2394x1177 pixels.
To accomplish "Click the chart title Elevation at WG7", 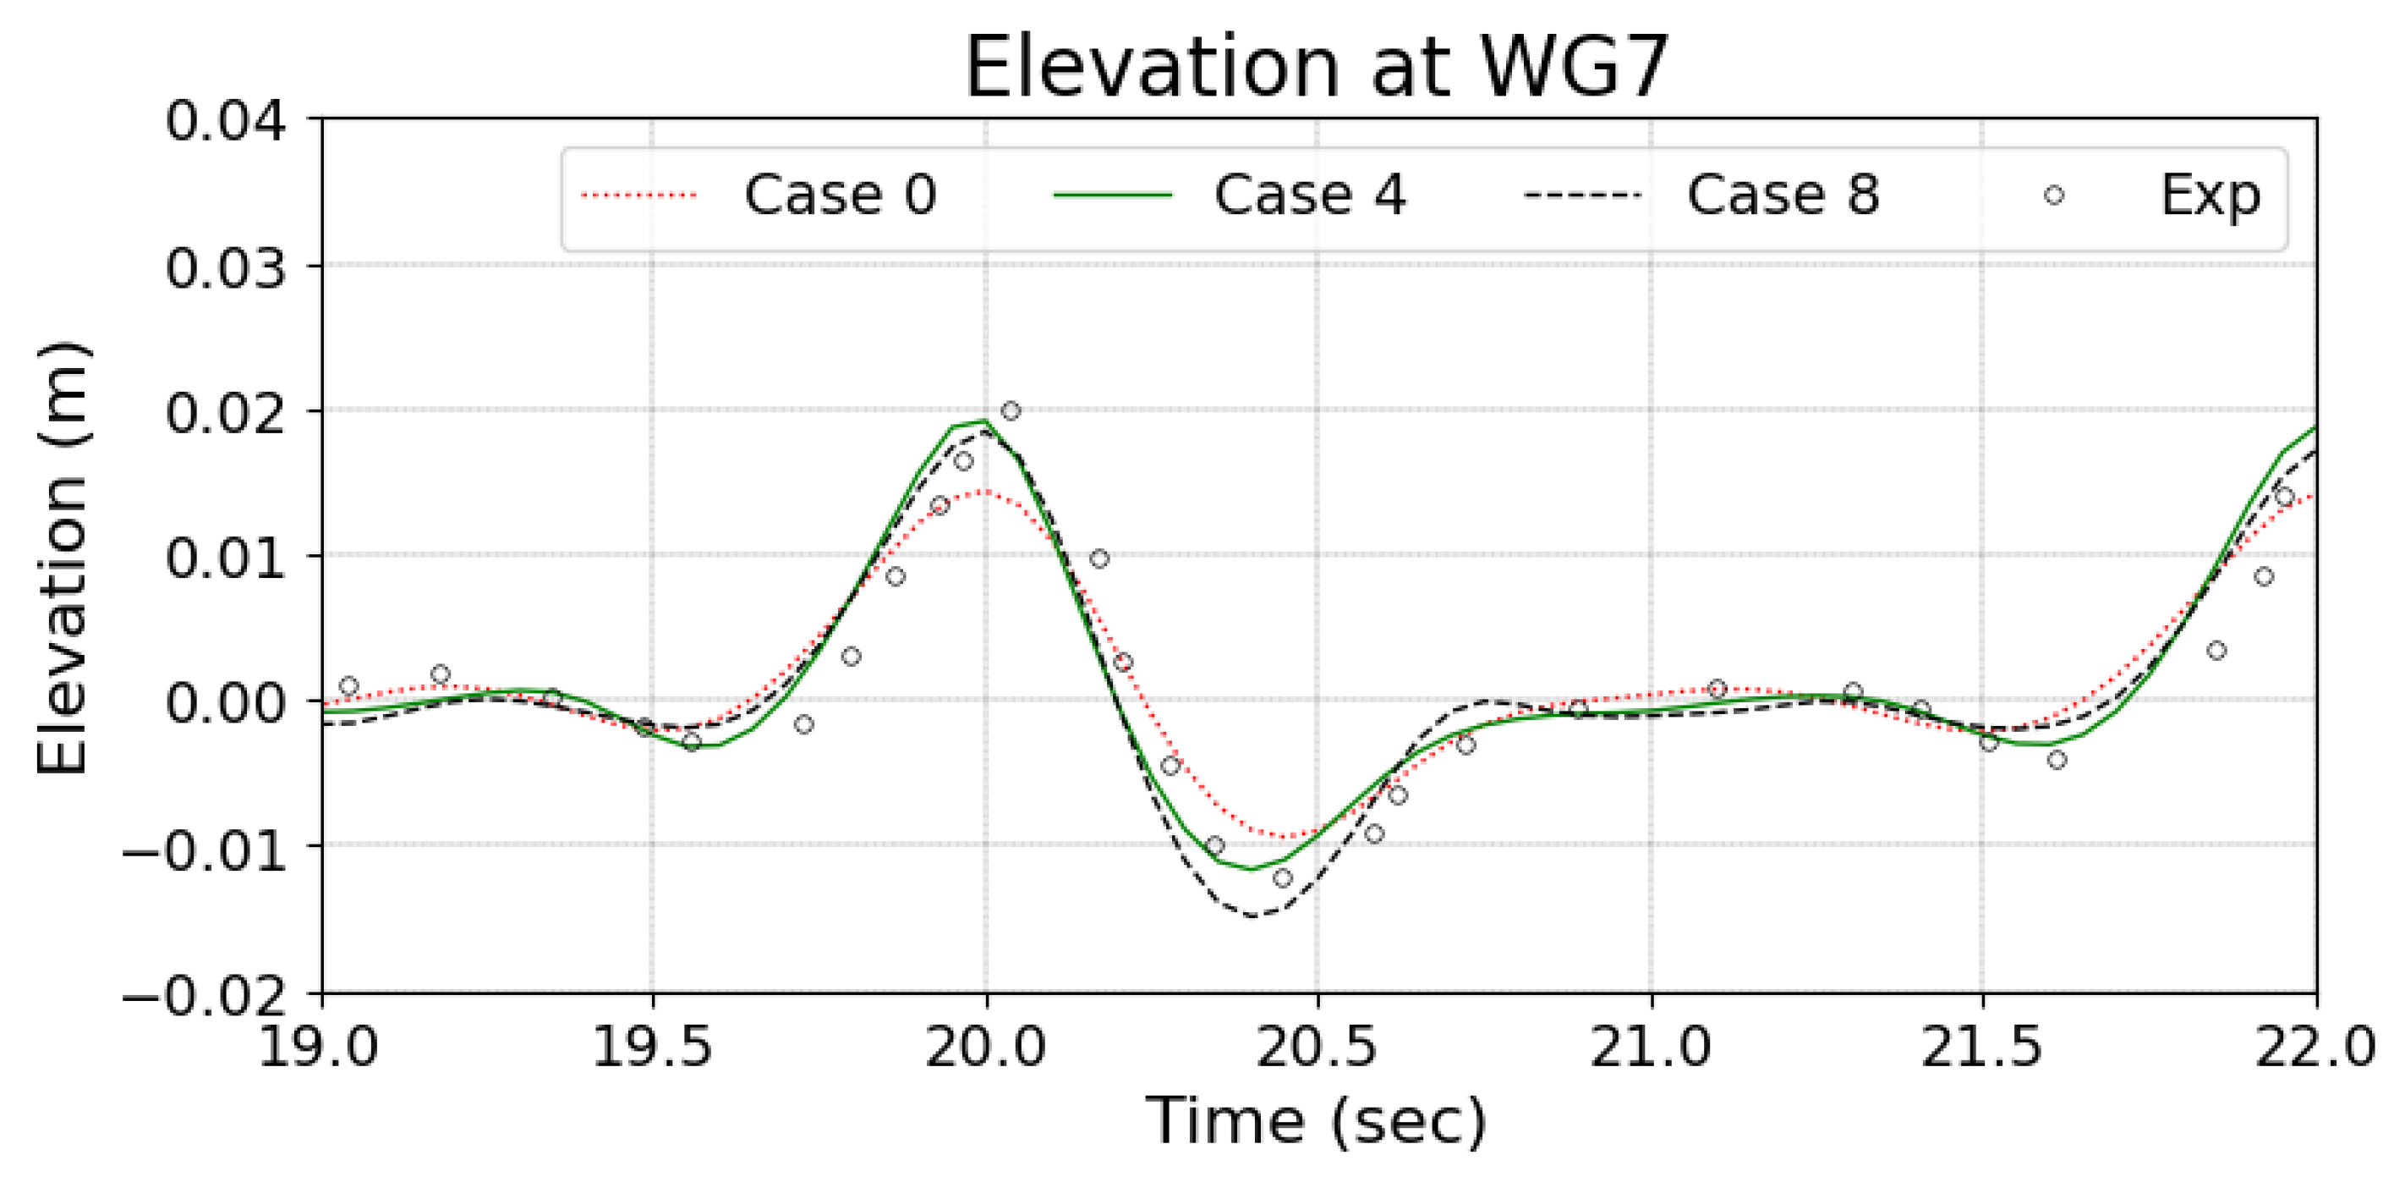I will click(x=1317, y=67).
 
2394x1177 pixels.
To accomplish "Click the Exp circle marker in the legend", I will click(x=2054, y=195).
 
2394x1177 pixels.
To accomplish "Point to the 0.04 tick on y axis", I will click(x=225, y=122).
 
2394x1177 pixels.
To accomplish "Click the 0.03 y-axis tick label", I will click(x=225, y=267).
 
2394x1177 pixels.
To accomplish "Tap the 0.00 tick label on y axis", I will click(x=225, y=702).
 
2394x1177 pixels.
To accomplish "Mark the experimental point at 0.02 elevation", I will click(x=1011, y=410).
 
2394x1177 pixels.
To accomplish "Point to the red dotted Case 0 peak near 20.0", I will click(x=983, y=491).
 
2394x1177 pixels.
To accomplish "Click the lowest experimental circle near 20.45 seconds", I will click(x=1283, y=877).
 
